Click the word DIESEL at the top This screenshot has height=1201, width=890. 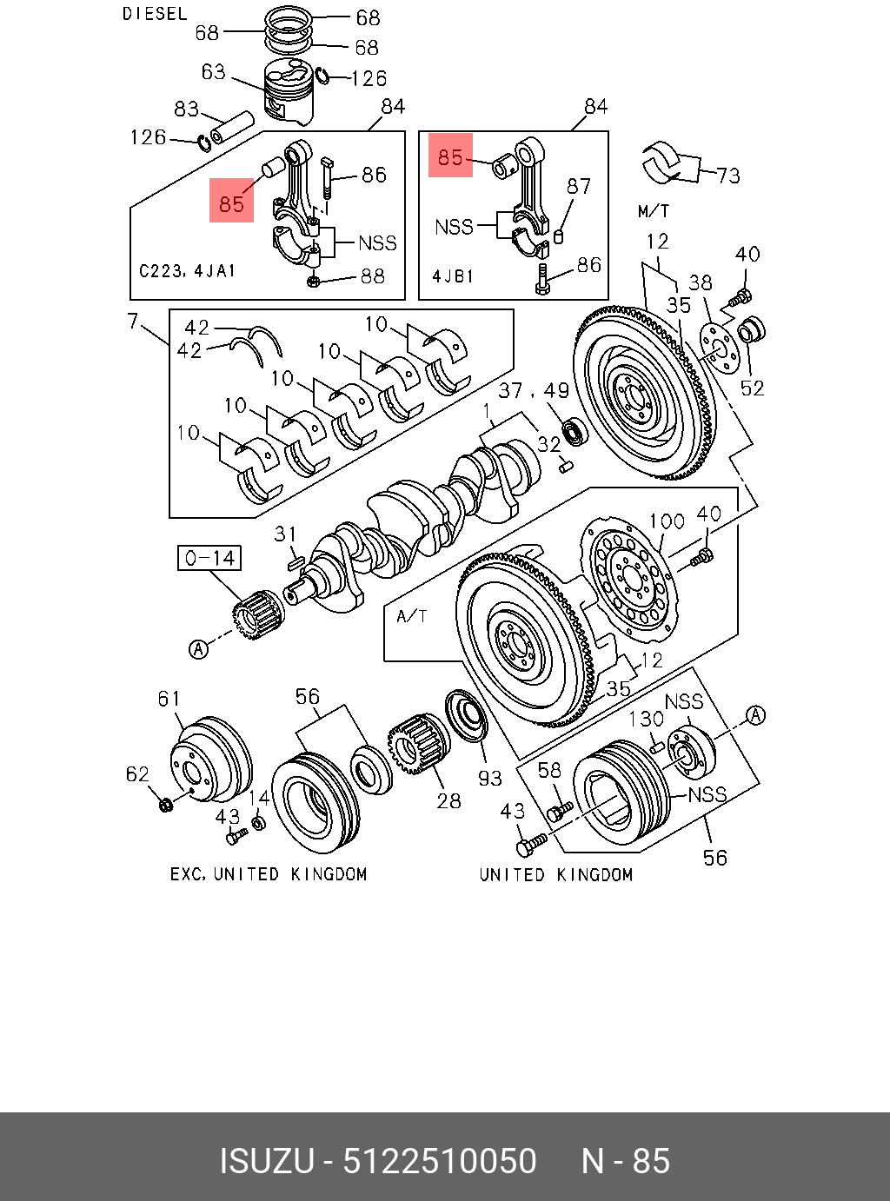tap(154, 14)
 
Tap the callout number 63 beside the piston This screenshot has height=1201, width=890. tap(213, 71)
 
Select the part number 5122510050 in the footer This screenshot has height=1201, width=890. tap(440, 1161)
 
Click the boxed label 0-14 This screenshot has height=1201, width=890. tap(209, 558)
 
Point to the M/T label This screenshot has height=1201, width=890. tap(654, 210)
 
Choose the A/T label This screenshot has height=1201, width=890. tap(411, 616)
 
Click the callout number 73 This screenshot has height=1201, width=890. tap(728, 176)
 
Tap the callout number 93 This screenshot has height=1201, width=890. tap(490, 778)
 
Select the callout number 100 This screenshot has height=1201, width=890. tap(667, 521)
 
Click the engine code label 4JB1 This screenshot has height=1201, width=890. tap(453, 276)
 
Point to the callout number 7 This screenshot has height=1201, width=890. tap(133, 322)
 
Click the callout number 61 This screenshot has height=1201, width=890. tap(169, 698)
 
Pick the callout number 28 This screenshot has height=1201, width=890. tap(448, 800)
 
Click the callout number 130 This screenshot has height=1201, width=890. tap(646, 719)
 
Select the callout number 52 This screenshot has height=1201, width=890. tap(752, 388)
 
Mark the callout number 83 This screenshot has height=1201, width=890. tap(186, 109)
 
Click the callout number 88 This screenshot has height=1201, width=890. tap(372, 276)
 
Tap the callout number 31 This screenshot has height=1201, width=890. tap(286, 534)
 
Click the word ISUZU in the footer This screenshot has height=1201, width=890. tap(265, 1161)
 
